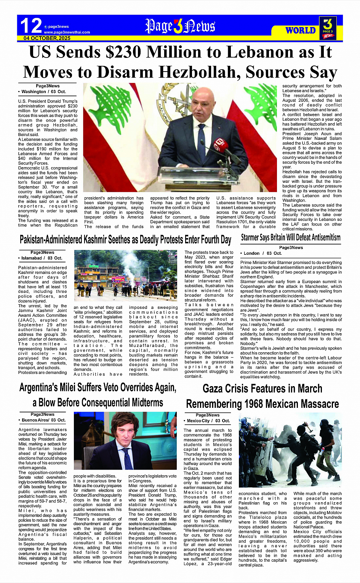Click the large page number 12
[x=31, y=26]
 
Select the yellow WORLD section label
[x=301, y=30]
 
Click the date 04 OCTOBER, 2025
[x=47, y=38]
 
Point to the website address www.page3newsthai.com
[x=67, y=32]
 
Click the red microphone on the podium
[x=220, y=146]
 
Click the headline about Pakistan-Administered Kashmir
[x=125, y=240]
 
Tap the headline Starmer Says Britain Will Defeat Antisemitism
[x=291, y=238]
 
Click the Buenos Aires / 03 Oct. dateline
[x=43, y=420]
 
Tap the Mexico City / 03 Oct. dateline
[x=208, y=421]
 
